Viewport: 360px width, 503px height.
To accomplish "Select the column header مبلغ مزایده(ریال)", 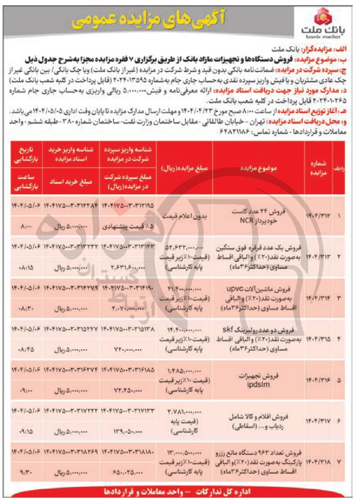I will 185,168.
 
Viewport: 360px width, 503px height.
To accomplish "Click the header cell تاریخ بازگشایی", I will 26,155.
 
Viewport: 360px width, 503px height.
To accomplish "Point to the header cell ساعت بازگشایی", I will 26,182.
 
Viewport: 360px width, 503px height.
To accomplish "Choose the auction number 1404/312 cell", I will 318,216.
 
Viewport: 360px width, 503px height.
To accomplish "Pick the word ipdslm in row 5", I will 258,384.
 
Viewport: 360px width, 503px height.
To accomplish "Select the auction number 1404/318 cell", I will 318,462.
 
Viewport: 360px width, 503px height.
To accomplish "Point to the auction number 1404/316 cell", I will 318,380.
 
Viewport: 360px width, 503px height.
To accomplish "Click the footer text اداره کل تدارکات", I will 223,492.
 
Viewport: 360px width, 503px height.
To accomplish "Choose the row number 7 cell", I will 339,462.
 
